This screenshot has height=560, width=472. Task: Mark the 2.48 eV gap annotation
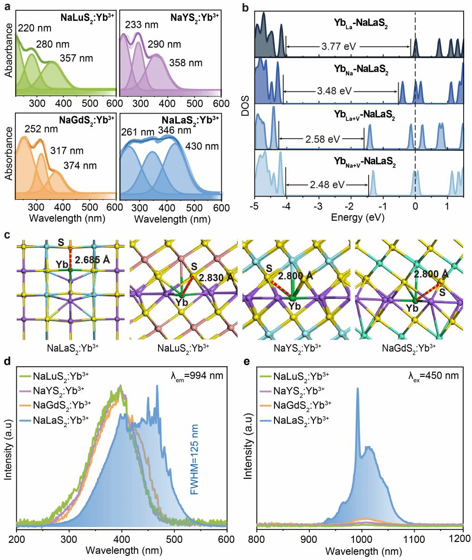pos(327,185)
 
